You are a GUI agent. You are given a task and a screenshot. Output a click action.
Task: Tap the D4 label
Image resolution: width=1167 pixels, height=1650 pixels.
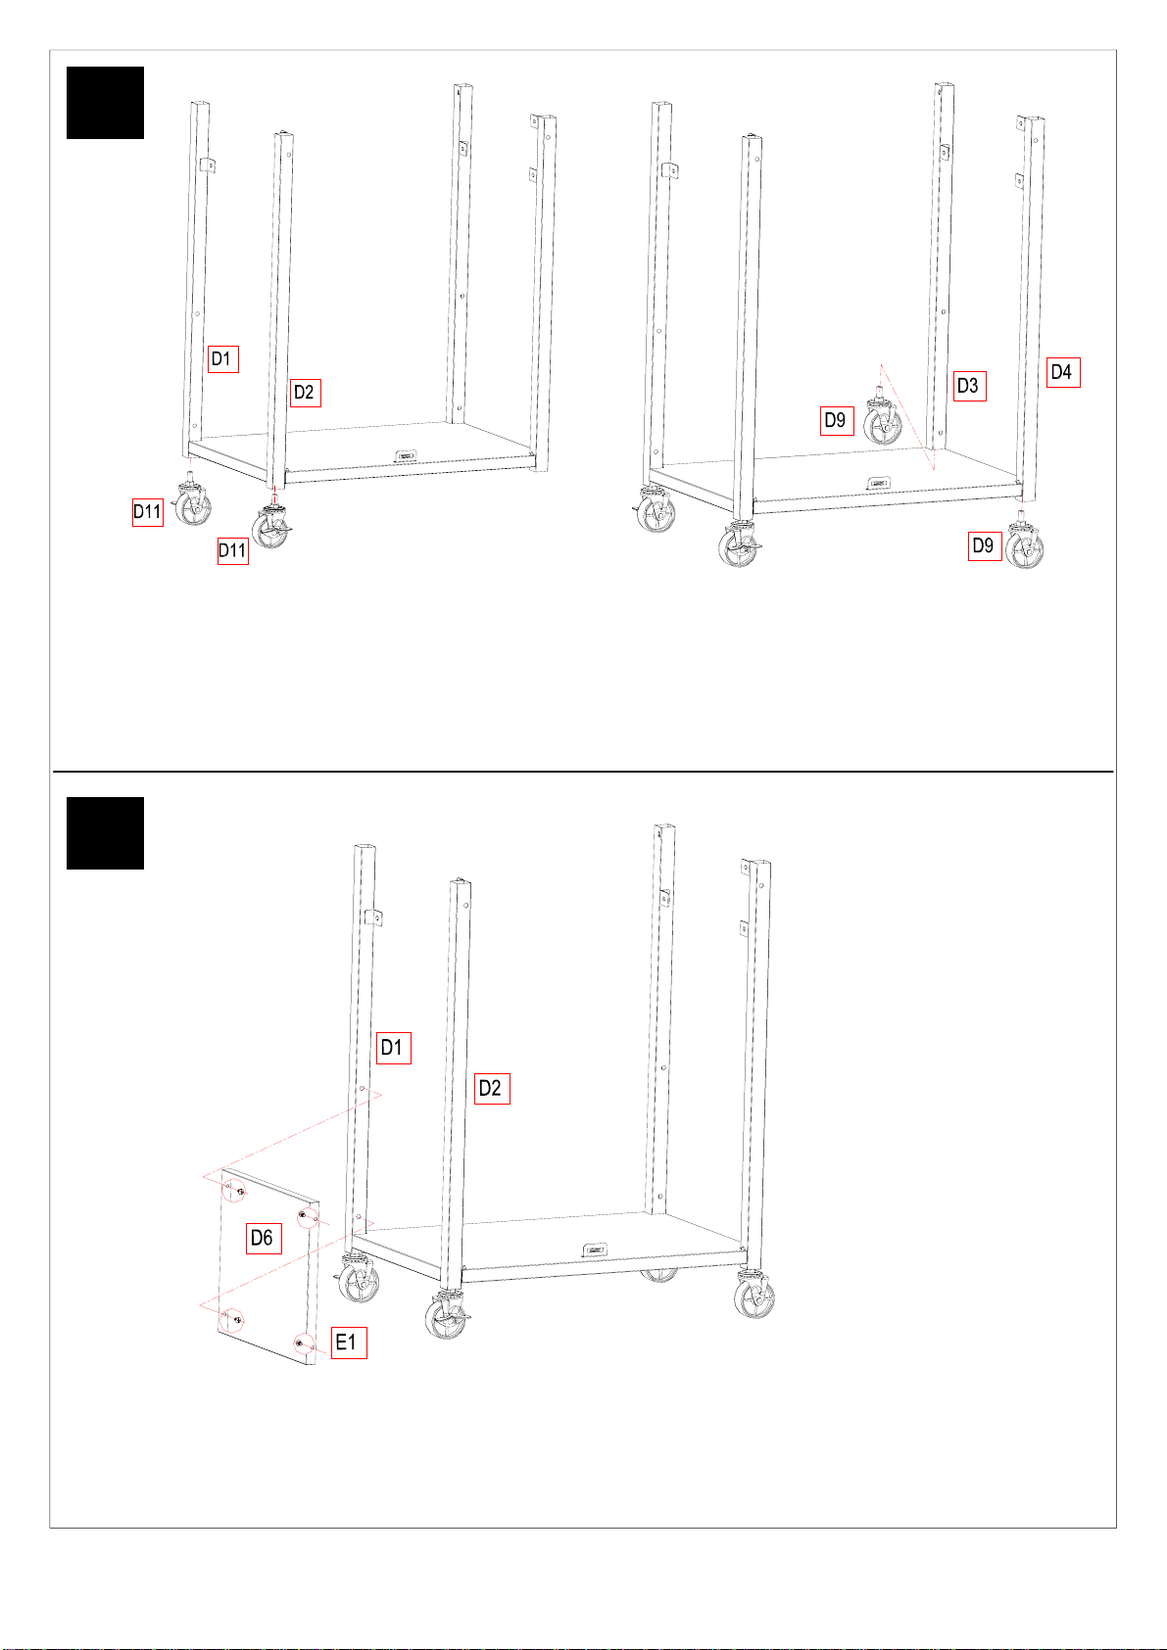click(x=1062, y=373)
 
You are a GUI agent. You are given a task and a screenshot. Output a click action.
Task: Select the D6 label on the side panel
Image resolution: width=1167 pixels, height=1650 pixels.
click(x=264, y=1238)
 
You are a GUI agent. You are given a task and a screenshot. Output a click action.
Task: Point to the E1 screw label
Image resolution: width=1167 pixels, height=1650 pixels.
click(x=348, y=1343)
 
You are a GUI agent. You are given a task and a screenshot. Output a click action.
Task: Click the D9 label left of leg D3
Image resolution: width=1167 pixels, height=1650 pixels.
click(x=837, y=421)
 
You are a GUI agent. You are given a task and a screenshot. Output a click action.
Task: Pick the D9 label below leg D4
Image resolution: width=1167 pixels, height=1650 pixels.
click(x=984, y=545)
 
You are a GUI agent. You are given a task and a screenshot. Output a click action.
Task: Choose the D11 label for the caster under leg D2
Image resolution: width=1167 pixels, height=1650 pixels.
click(x=232, y=550)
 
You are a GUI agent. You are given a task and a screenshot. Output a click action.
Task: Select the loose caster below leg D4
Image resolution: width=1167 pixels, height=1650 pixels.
click(x=1025, y=542)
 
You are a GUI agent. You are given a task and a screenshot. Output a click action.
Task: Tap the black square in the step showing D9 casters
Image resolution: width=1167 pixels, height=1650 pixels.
click(x=106, y=103)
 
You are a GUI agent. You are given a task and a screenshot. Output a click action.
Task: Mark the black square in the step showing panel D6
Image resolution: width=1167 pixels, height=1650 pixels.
click(x=106, y=833)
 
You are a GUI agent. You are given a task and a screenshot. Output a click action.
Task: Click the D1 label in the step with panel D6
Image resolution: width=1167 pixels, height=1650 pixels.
click(x=394, y=1048)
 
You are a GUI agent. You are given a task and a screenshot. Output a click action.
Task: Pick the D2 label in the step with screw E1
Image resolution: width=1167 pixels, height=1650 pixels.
click(x=492, y=1088)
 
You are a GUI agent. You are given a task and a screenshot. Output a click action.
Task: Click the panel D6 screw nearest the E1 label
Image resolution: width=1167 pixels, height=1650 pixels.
click(x=300, y=1344)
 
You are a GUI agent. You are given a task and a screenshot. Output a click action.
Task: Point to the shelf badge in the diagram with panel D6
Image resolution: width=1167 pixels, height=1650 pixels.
click(x=595, y=1249)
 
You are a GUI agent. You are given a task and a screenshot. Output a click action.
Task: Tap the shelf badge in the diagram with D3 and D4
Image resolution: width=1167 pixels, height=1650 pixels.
click(x=878, y=483)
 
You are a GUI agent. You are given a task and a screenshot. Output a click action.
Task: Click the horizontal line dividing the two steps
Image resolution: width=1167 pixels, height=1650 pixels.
click(x=583, y=772)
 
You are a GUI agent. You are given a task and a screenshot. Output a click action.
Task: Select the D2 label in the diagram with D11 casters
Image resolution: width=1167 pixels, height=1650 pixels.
click(x=305, y=393)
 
